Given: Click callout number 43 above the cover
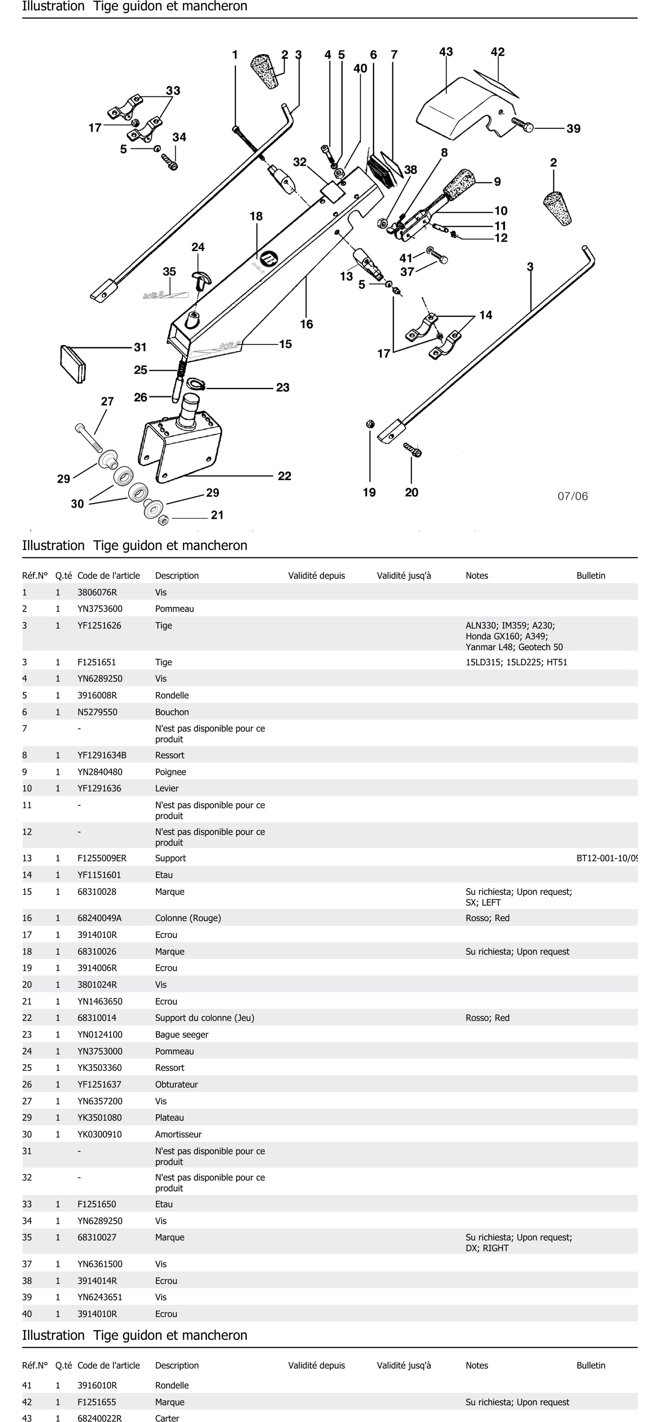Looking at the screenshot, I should (446, 52).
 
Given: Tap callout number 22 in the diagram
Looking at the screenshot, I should (284, 476).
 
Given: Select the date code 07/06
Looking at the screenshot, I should (573, 496).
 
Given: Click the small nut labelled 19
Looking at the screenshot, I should (370, 424).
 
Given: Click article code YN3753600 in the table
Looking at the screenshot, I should (100, 609).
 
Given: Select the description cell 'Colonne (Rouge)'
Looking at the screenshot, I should (188, 918).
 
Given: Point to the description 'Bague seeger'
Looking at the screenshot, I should (182, 1034).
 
